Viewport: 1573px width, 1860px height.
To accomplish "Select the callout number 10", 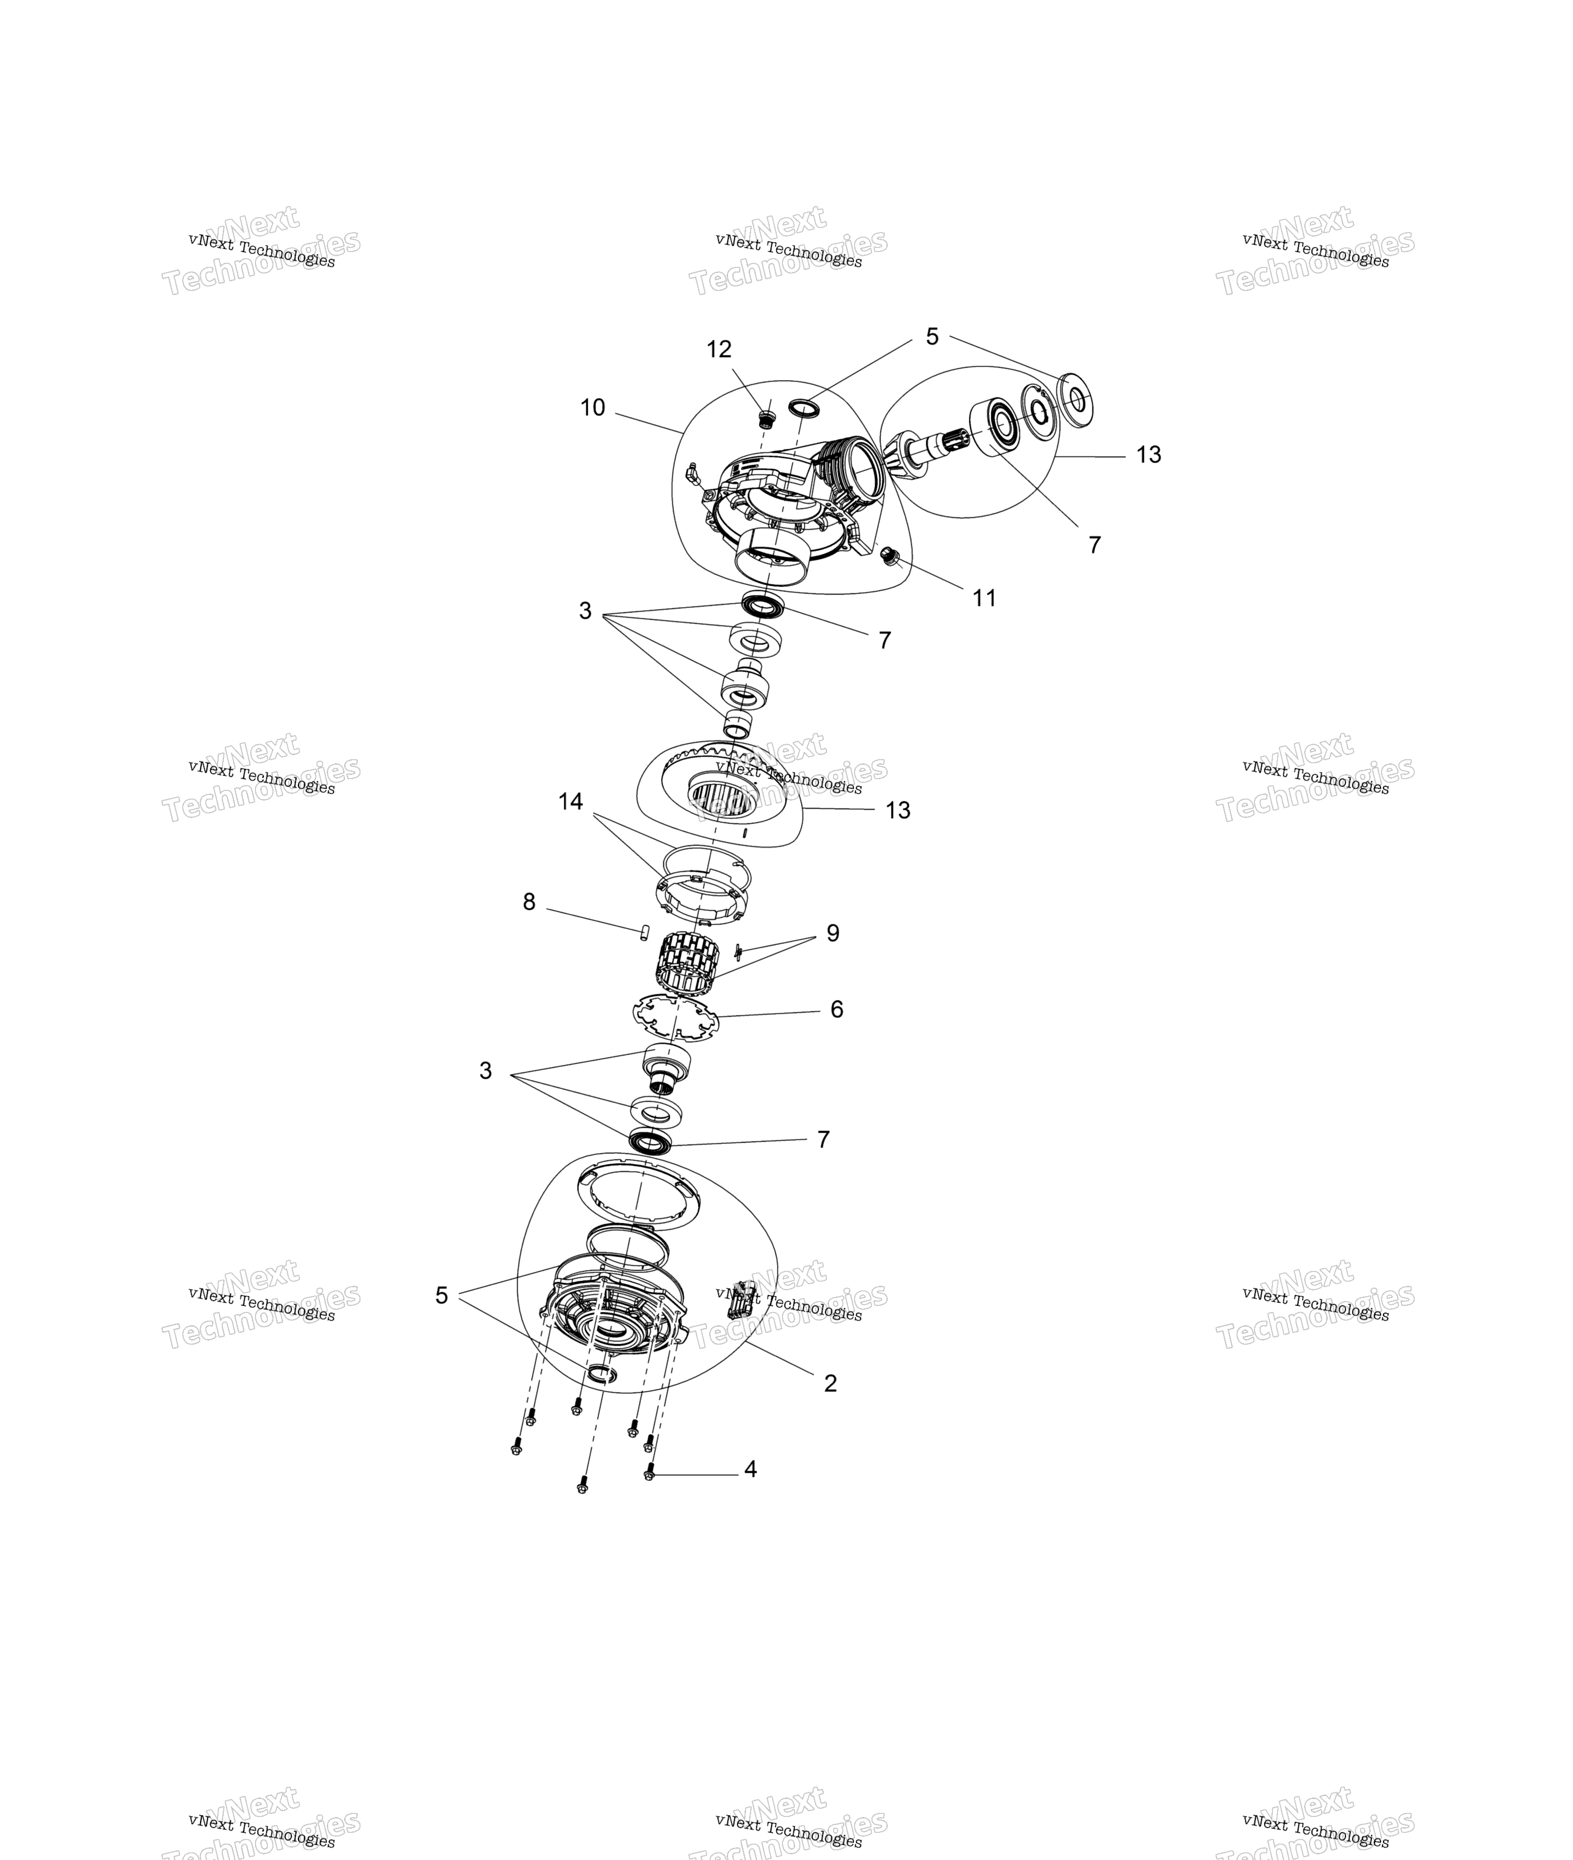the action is point(592,408).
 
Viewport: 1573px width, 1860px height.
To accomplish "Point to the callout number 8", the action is point(529,902).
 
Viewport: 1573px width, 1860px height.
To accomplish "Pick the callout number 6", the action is point(837,1009).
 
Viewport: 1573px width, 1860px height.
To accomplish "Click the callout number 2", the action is point(830,1383).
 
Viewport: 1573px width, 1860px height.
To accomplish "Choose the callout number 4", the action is point(751,1468).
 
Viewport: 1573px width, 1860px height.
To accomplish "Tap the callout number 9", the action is point(833,933).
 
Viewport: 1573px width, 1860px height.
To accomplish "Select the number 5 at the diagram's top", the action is point(932,337).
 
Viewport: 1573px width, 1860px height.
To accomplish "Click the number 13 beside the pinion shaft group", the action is point(1149,455).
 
